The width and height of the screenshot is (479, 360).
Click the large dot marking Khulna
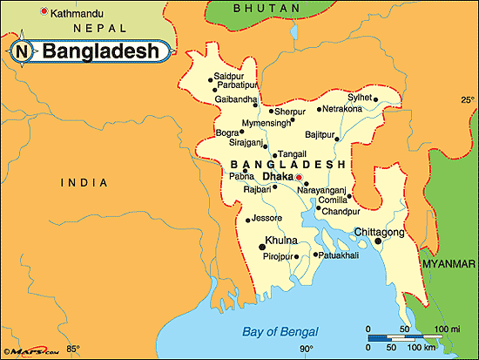pyautogui.click(x=262, y=248)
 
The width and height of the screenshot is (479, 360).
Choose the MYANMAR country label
pyautogui.click(x=448, y=262)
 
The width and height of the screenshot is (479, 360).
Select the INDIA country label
pyautogui.click(x=84, y=182)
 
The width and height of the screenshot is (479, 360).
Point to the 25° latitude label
pyautogui.click(x=467, y=101)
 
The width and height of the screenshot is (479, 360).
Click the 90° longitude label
pyautogui.click(x=306, y=350)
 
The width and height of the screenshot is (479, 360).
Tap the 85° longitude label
pyautogui.click(x=73, y=350)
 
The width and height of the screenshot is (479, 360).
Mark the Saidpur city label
pyautogui.click(x=229, y=76)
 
